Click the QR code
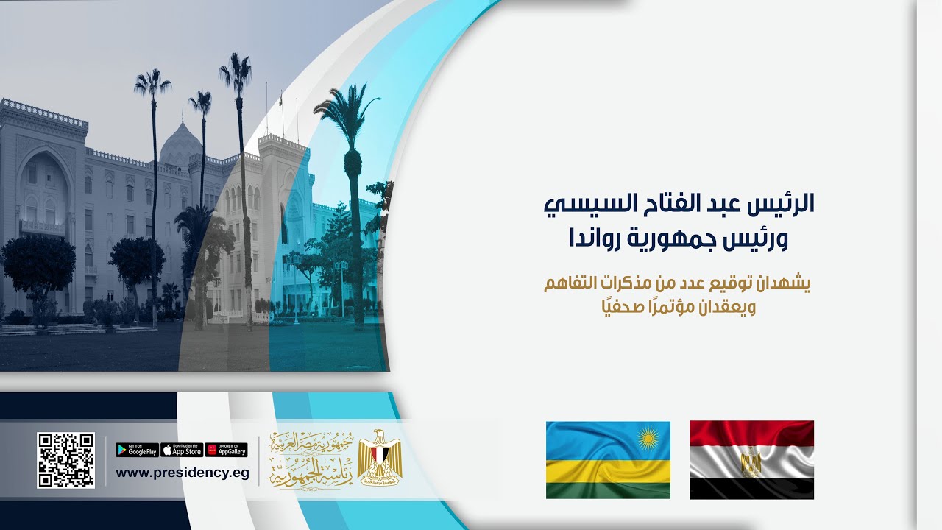[65, 460]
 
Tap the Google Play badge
[137, 450]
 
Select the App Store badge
[182, 450]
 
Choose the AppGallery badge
[226, 450]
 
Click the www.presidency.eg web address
[182, 473]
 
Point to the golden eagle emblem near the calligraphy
[380, 458]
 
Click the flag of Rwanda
[608, 460]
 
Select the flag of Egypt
[751, 460]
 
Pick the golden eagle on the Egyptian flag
[751, 462]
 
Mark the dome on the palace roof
[180, 144]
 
